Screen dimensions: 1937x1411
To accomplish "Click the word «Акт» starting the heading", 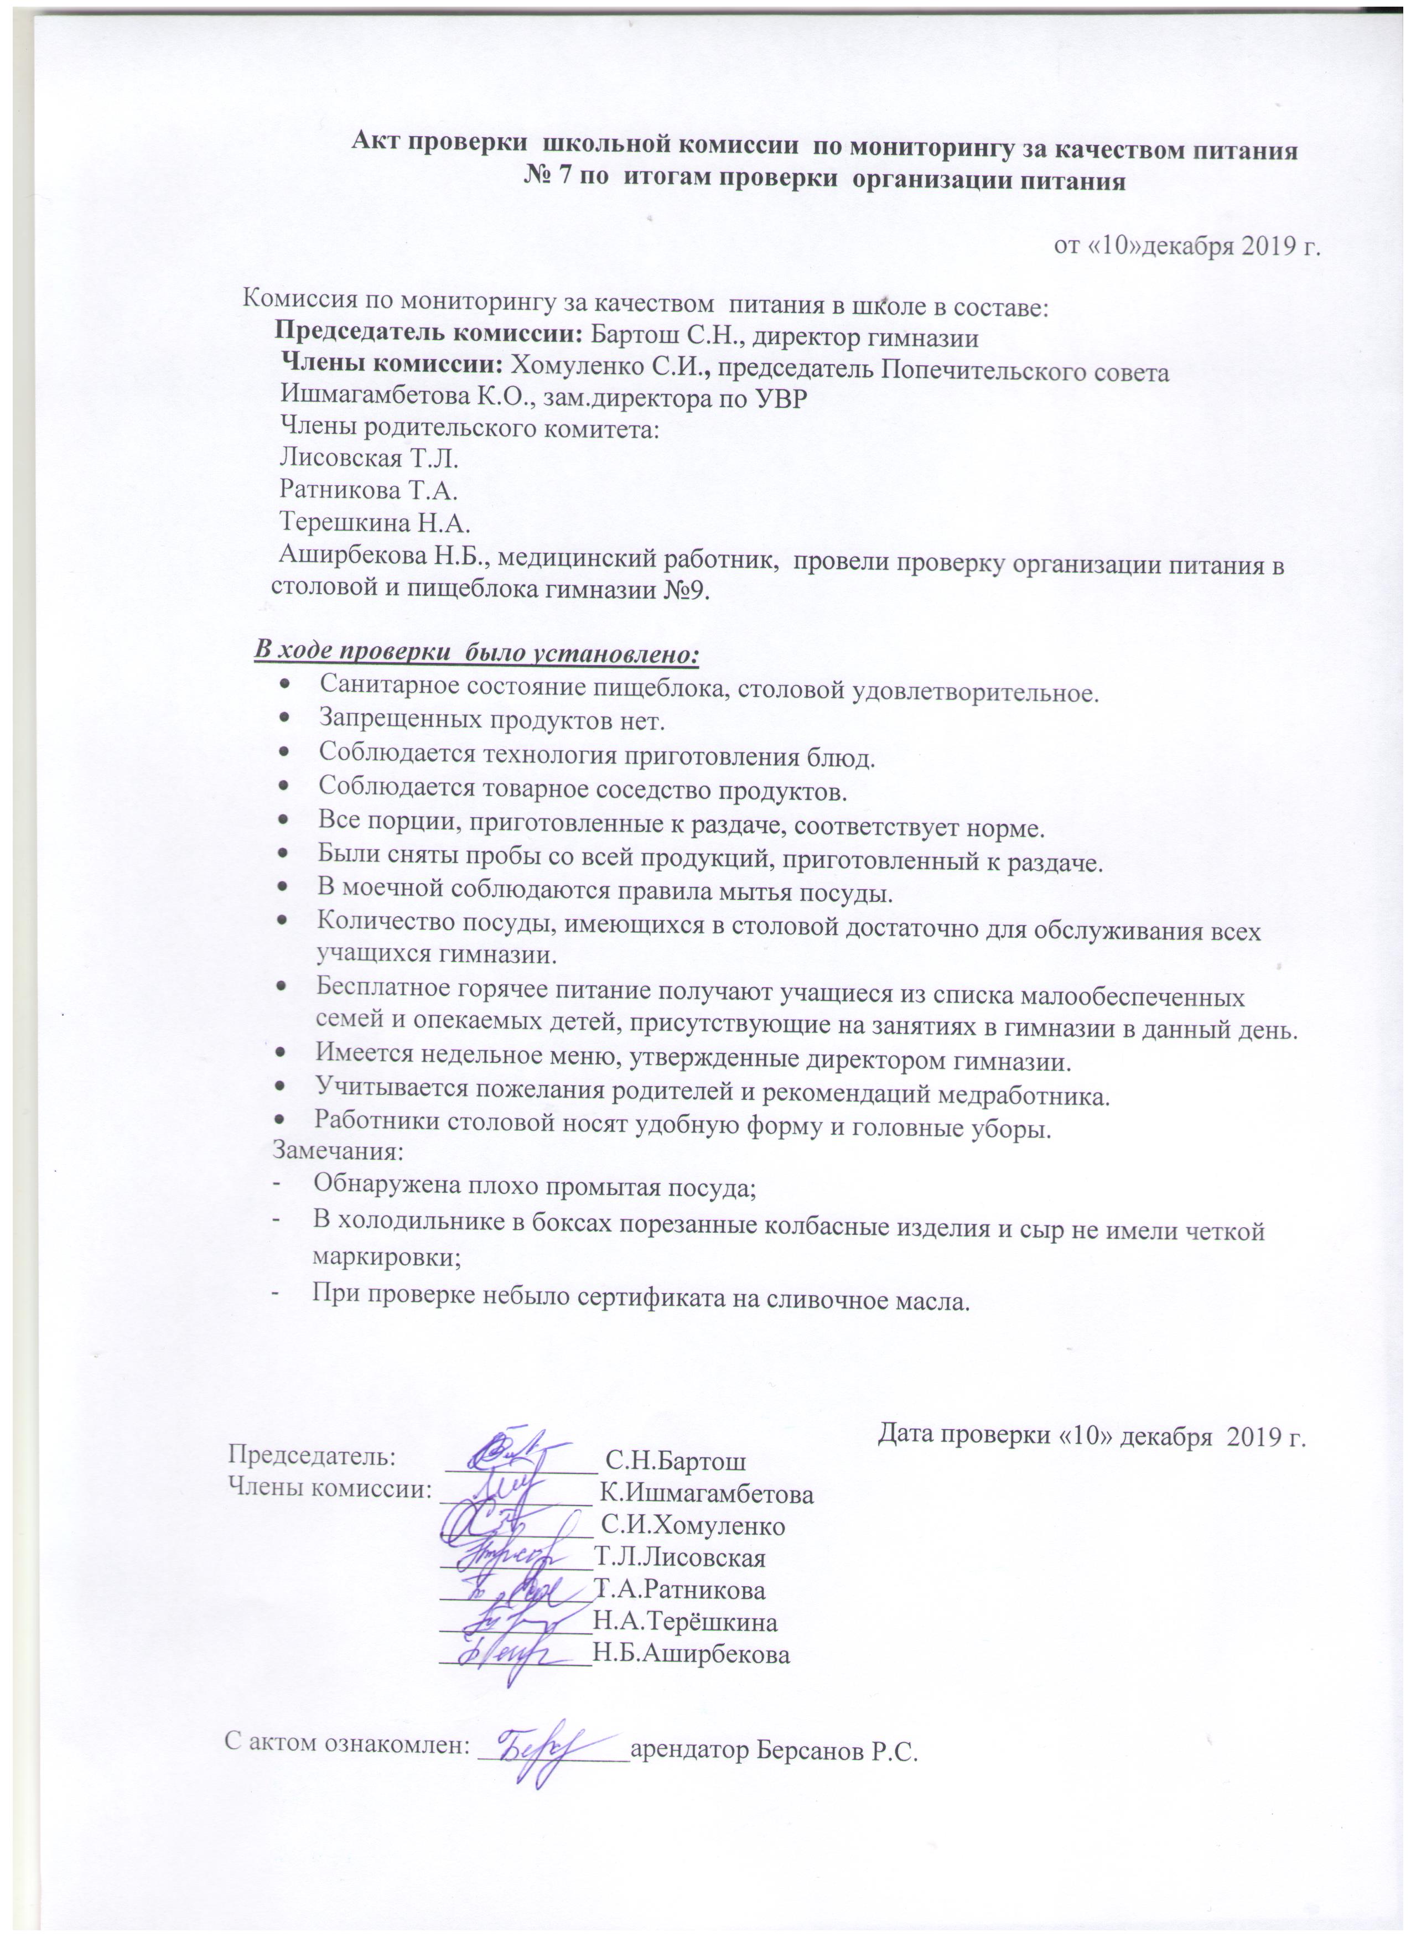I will (377, 148).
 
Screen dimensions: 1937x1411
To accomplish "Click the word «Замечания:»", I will (338, 1150).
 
